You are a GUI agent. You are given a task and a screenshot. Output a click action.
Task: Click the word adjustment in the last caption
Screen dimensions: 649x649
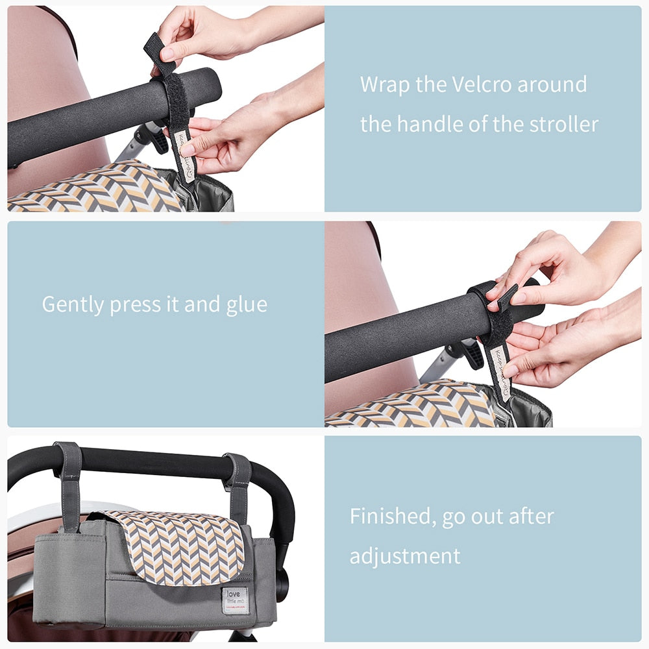point(405,556)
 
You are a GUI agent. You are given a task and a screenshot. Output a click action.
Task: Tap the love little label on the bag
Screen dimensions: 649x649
point(234,600)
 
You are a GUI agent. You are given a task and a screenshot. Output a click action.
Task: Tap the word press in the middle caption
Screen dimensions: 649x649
point(134,304)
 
